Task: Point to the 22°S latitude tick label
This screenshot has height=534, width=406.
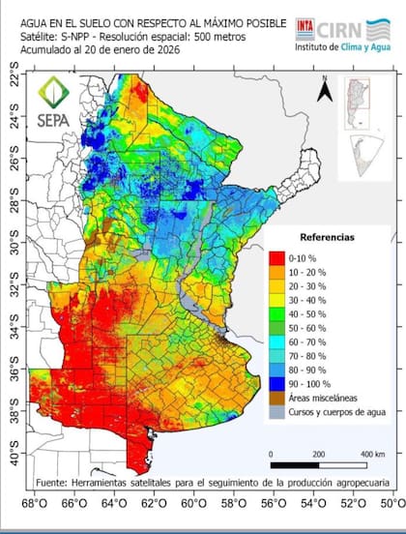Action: [x=14, y=80]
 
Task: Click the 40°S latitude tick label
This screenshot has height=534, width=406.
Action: [x=14, y=452]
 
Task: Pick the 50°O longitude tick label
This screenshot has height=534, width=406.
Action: [x=391, y=503]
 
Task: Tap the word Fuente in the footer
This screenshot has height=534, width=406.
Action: [x=55, y=481]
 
